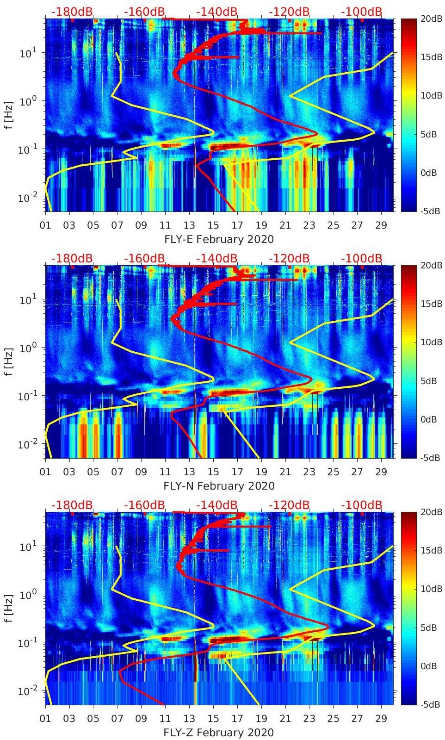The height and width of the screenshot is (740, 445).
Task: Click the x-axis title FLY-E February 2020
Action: (219, 239)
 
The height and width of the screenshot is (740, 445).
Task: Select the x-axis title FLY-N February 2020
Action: (219, 486)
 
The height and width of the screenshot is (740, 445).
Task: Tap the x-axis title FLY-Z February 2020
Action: (218, 733)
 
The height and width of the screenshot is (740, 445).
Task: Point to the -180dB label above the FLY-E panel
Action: (72, 12)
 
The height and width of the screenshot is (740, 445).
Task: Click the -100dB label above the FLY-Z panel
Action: (361, 505)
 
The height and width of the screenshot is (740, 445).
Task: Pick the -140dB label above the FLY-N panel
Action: (216, 258)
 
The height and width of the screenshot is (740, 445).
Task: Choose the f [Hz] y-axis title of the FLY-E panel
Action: (9, 115)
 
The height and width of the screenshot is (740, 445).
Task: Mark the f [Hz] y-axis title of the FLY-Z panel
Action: (9, 608)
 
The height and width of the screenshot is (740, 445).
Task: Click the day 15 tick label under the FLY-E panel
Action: (213, 225)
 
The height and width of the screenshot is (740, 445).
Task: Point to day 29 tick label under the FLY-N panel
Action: (381, 472)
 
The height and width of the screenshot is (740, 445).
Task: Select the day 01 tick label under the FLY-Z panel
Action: (45, 719)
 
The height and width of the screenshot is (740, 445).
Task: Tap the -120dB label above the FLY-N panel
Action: (289, 258)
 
